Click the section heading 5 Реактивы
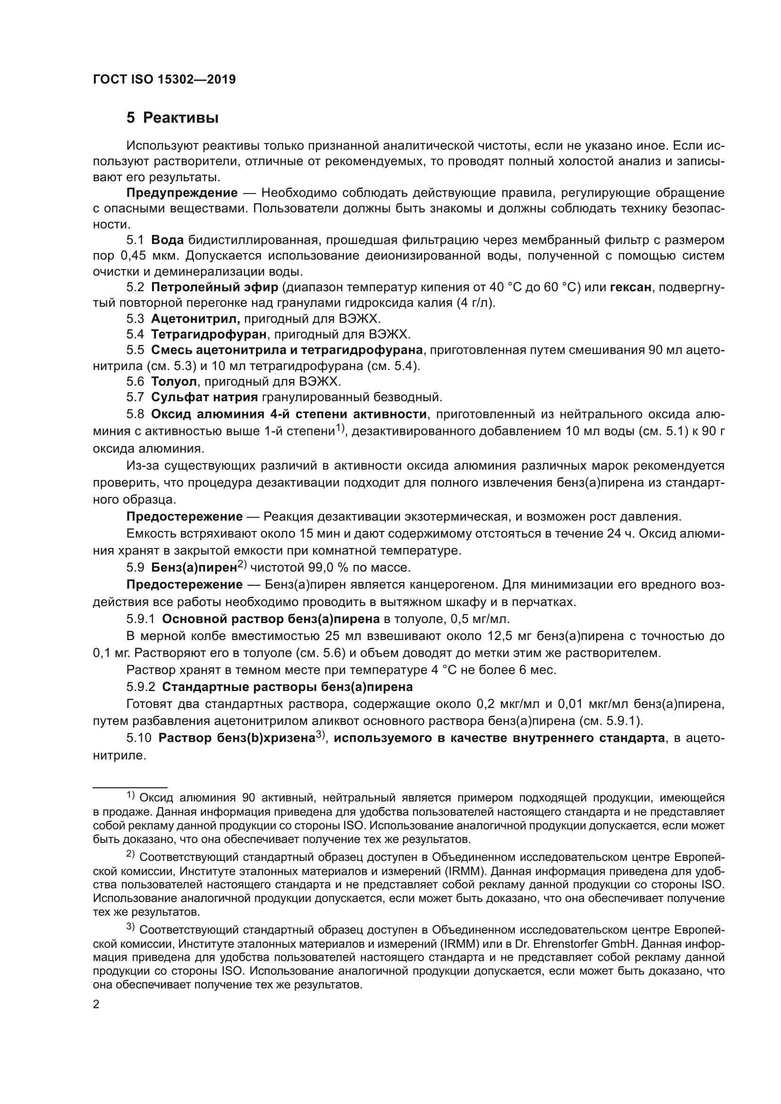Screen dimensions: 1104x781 pos(172,118)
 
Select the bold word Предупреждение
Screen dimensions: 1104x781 pos(182,194)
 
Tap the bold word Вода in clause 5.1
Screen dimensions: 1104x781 pos(167,240)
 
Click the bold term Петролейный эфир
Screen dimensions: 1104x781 pos(214,287)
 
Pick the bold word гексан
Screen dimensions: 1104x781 pos(630,287)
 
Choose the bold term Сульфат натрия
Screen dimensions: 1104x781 pos(204,397)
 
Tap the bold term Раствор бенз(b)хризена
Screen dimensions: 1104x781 pos(236,738)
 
